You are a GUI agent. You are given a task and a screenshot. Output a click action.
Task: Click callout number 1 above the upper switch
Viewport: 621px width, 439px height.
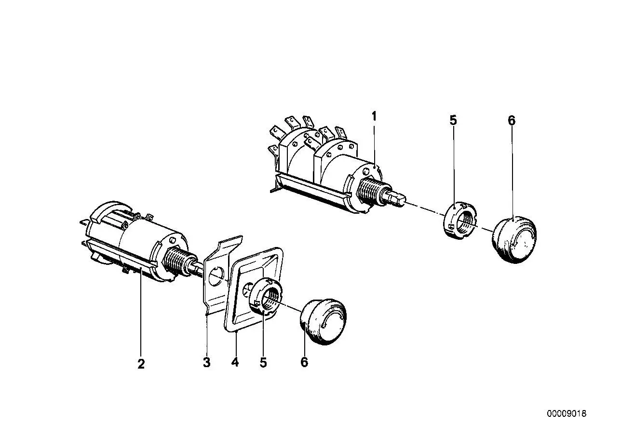(x=374, y=116)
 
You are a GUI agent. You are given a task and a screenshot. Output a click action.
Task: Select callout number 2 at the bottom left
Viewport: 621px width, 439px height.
(x=141, y=364)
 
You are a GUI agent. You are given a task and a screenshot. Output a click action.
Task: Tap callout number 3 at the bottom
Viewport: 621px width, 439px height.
(x=206, y=362)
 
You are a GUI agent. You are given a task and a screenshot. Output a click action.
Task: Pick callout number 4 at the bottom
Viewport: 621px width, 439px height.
(x=235, y=362)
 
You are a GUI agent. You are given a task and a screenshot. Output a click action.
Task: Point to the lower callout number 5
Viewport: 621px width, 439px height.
(x=263, y=362)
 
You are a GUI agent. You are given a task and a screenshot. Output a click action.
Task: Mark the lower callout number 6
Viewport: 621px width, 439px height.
(x=304, y=362)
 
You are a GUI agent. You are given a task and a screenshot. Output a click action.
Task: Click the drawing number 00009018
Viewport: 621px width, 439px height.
(x=567, y=414)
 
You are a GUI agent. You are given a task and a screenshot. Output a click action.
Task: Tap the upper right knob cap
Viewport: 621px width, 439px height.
(x=514, y=240)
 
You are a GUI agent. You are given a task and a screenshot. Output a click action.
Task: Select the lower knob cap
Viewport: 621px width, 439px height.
(x=323, y=322)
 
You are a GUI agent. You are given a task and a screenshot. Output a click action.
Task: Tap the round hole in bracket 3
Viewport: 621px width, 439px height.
(x=216, y=276)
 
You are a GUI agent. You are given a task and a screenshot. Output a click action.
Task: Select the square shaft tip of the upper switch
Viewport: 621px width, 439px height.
(x=399, y=199)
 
